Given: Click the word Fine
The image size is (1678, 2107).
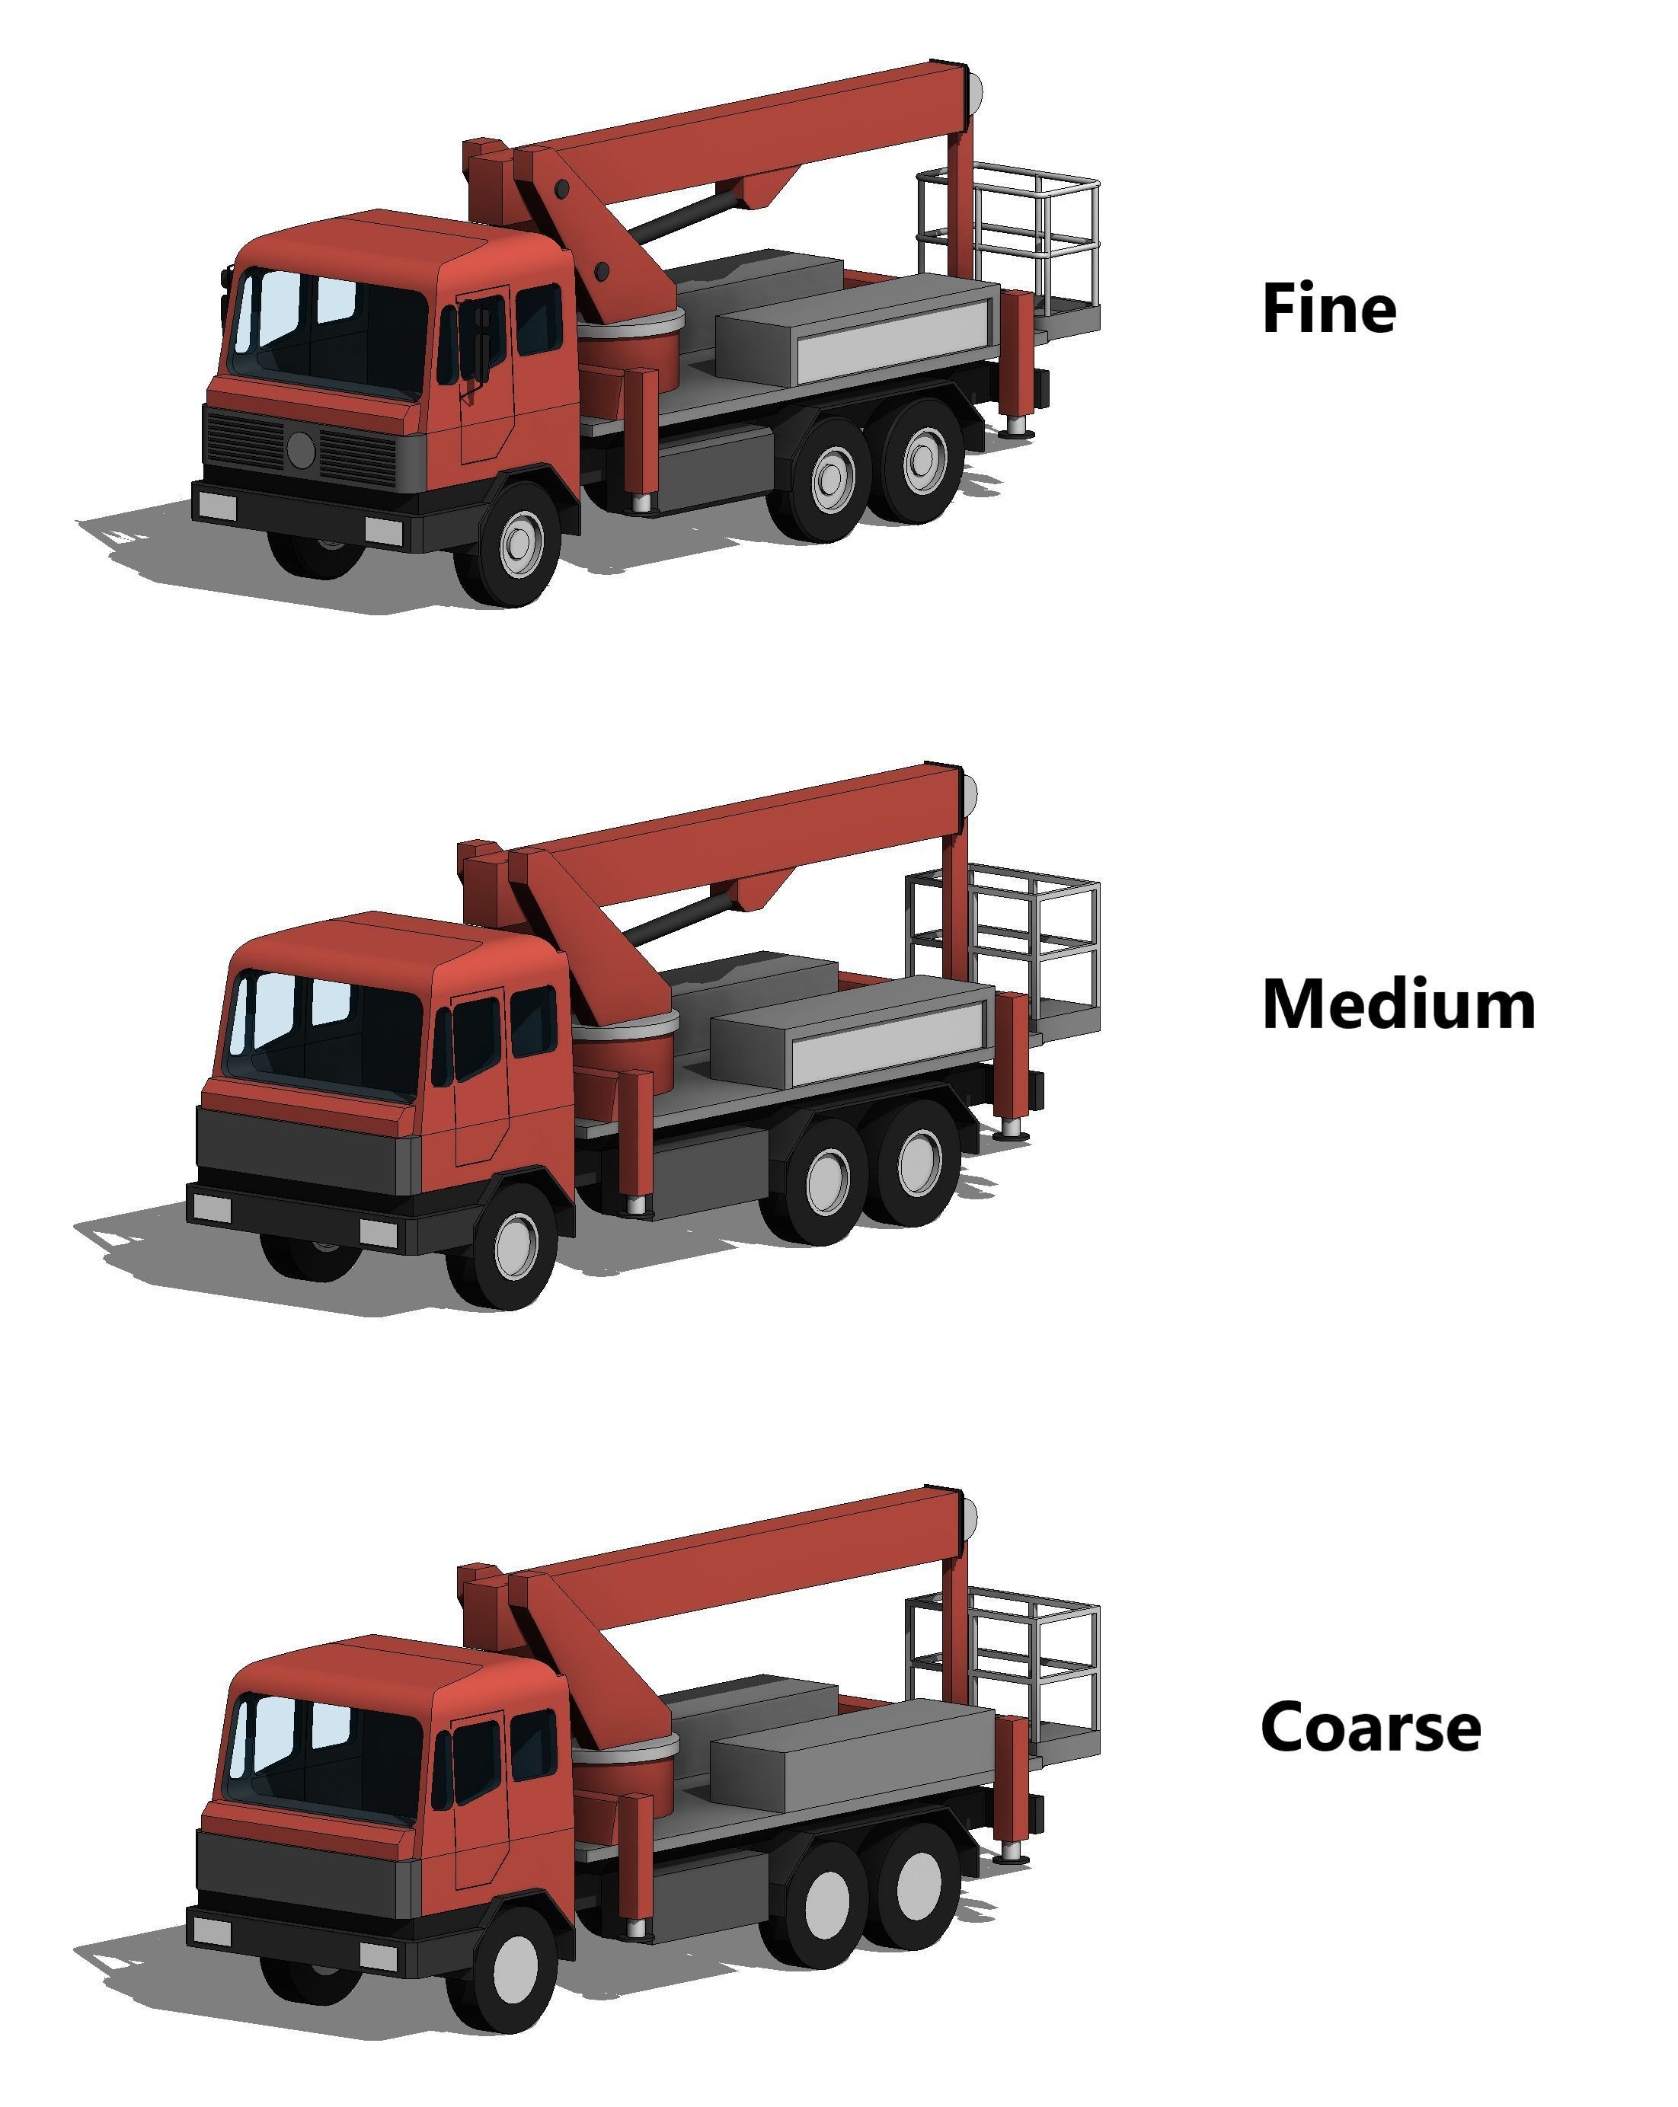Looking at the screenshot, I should (x=1328, y=309).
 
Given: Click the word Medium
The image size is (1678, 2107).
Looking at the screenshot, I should (x=1398, y=1004).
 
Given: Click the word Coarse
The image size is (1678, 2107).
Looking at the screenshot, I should (x=1370, y=1727).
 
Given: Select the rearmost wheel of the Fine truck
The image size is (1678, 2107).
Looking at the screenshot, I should (x=919, y=462).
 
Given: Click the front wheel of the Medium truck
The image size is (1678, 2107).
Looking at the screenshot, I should (x=514, y=1246).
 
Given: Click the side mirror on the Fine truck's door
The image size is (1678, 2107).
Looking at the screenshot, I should (x=481, y=342).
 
